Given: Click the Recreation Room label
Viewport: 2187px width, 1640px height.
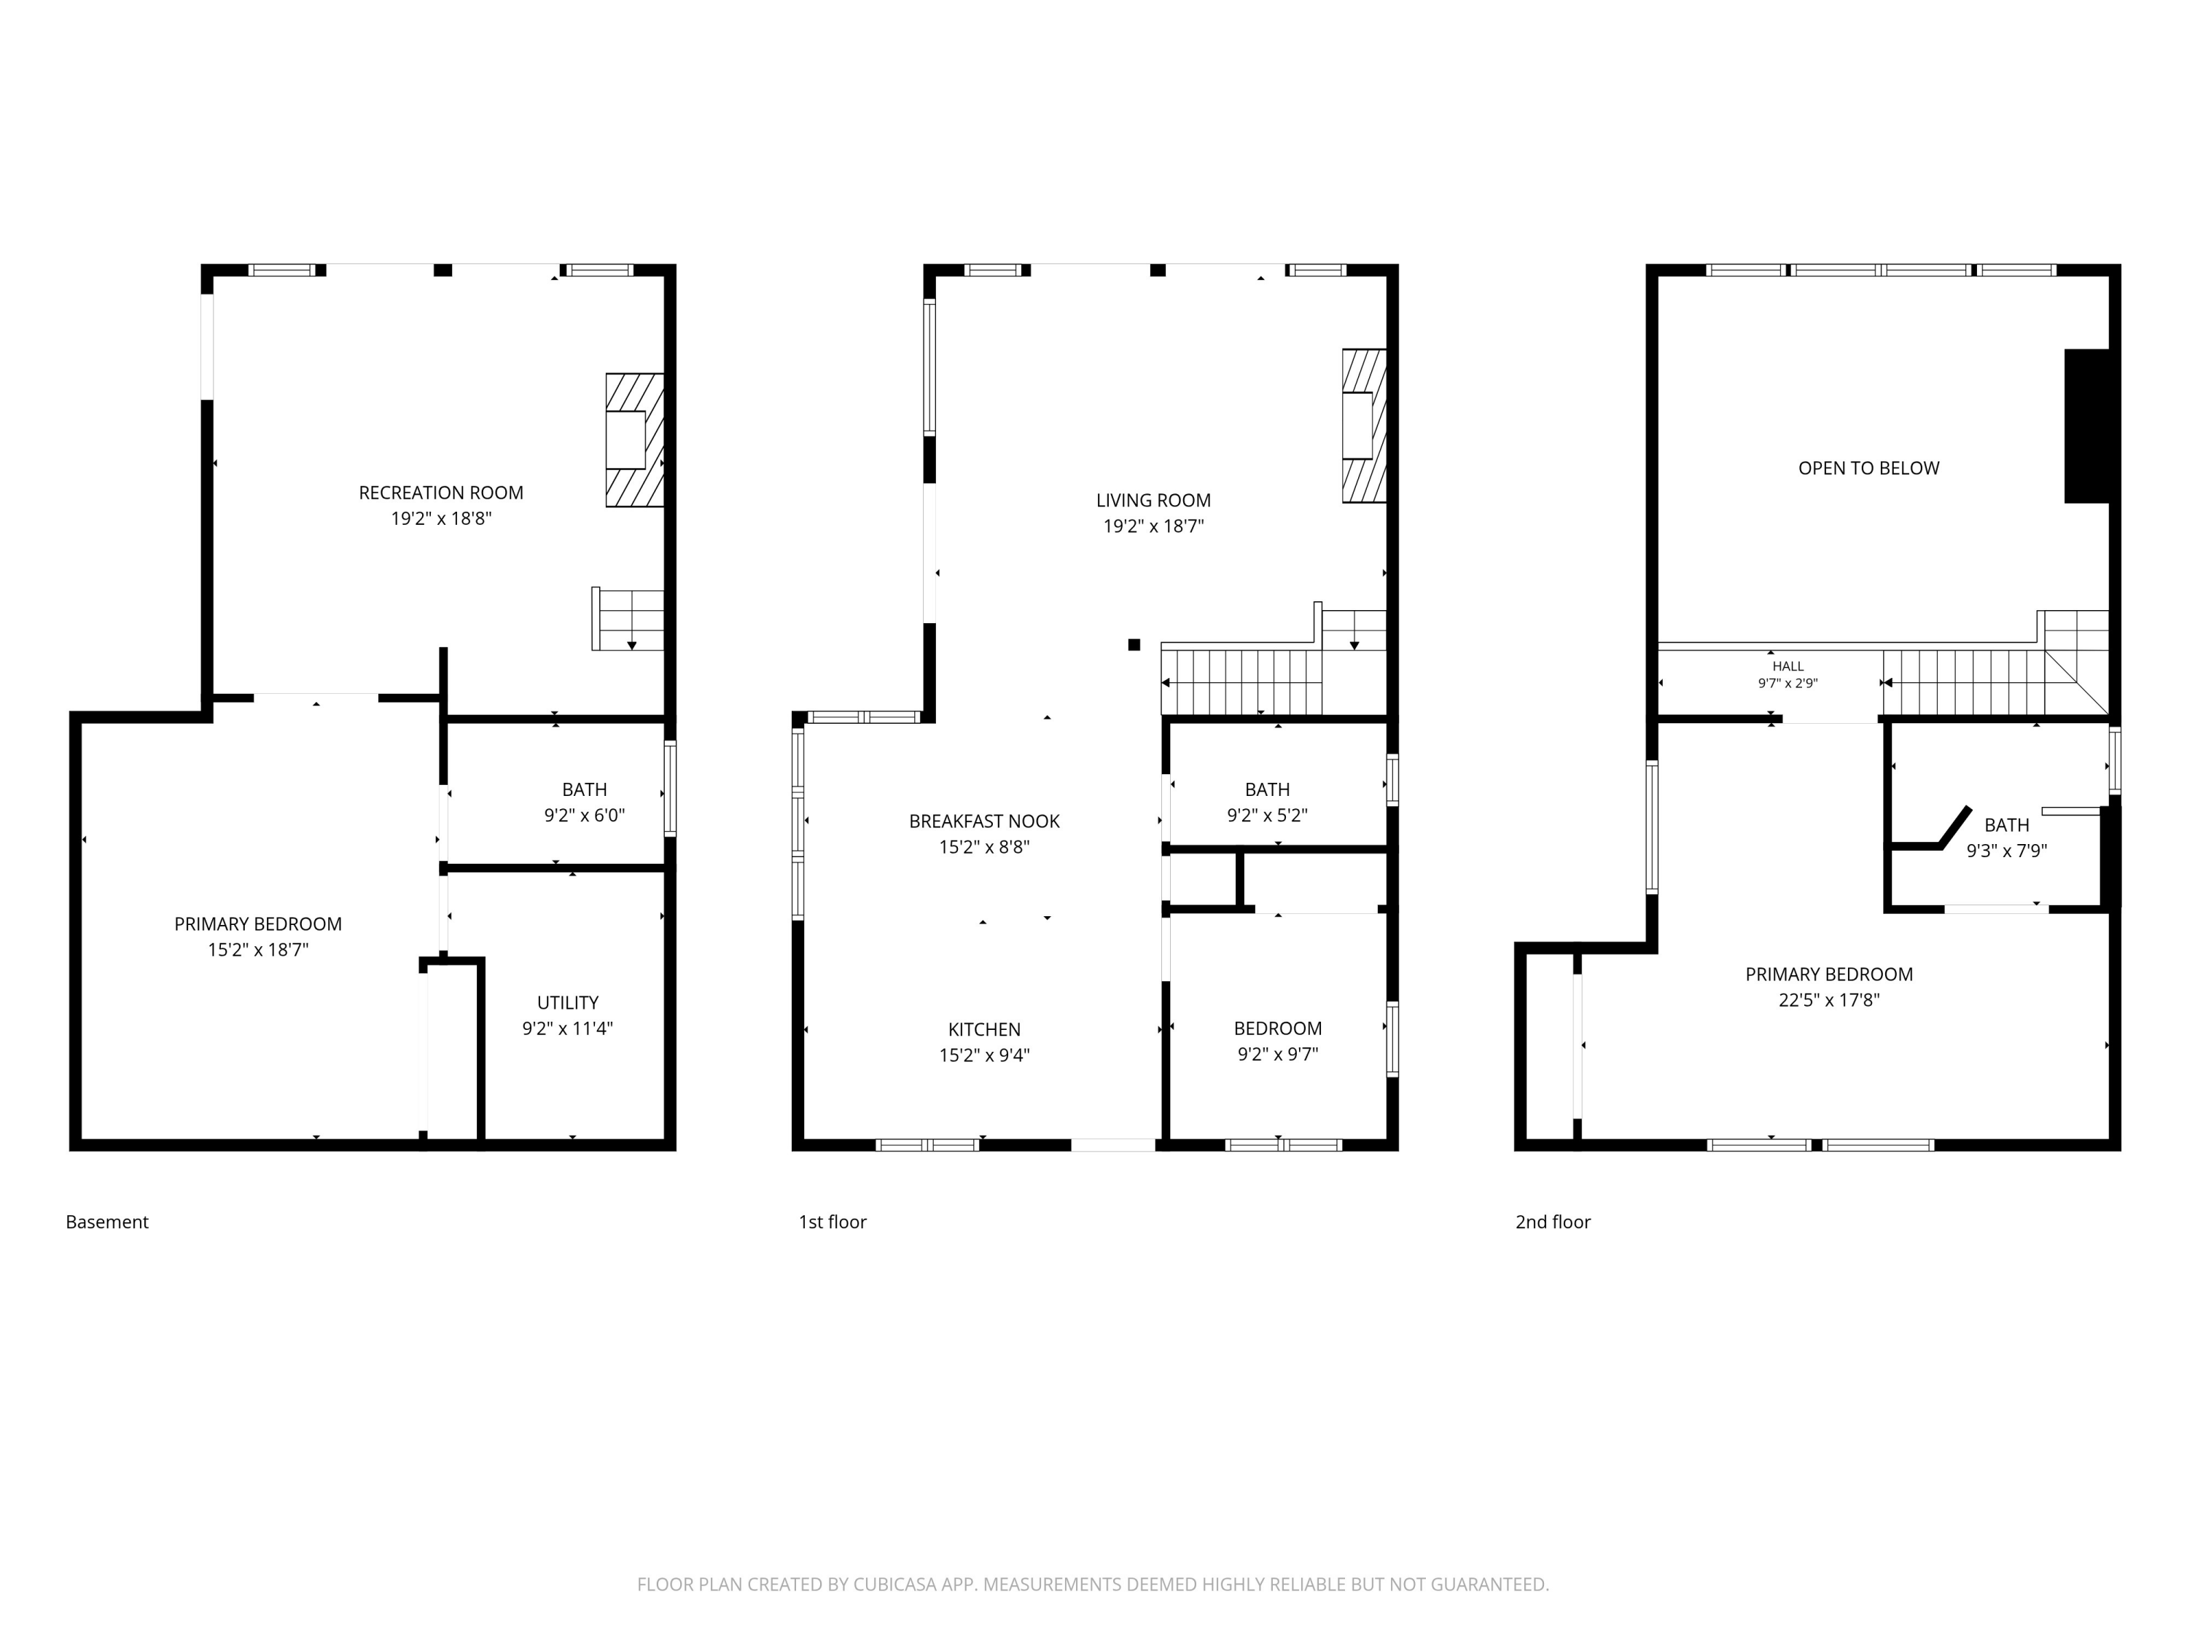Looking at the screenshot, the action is point(441,492).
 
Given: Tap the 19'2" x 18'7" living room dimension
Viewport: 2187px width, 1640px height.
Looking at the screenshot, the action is point(1153,526).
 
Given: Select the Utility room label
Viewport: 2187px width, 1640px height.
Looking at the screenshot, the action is point(567,1002).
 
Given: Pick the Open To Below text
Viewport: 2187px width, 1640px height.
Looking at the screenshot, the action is point(1868,468).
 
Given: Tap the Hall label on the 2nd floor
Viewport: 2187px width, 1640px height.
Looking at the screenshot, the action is point(1788,666).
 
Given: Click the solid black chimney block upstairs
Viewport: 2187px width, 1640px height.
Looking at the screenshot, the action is point(2086,426).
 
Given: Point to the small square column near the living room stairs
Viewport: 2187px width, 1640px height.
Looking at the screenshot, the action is point(1134,644).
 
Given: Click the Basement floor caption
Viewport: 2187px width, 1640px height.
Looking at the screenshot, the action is point(106,1222).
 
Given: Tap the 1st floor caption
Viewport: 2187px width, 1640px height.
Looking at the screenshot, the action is point(833,1222).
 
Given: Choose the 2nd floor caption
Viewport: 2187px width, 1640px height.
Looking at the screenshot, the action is point(1553,1222).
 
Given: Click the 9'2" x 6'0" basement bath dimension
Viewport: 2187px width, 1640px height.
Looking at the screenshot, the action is point(585,816).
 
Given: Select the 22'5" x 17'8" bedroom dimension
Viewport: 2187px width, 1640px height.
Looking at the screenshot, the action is point(1829,999).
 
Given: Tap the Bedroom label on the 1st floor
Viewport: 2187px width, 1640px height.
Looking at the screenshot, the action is point(1277,1028).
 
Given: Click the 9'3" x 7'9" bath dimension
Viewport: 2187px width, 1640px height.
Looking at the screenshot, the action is point(2006,850).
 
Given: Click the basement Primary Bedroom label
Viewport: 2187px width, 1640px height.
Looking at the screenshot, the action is point(258,924).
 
